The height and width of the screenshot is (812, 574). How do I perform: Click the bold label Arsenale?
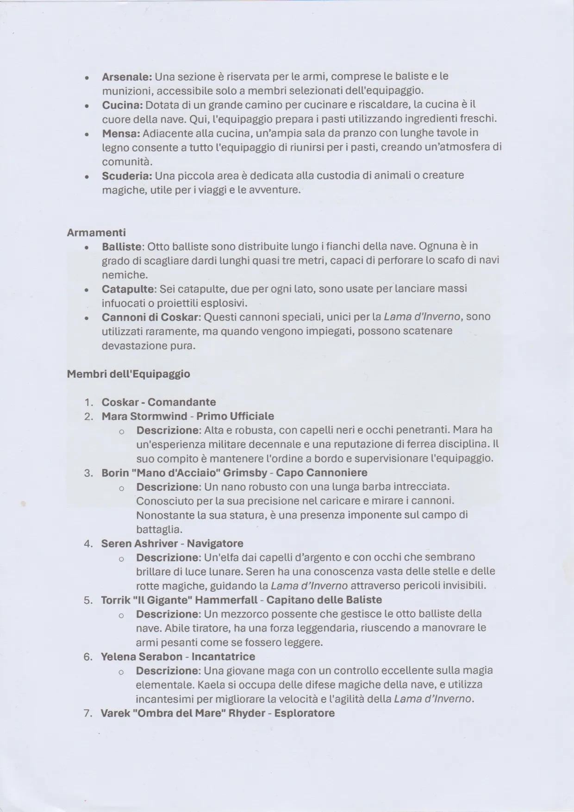click(x=126, y=76)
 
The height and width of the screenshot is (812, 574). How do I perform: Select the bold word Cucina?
click(x=122, y=105)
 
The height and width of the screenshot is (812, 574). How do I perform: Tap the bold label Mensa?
click(x=121, y=133)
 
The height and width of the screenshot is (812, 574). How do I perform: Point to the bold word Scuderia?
click(x=127, y=176)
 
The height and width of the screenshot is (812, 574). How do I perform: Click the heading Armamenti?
click(x=96, y=232)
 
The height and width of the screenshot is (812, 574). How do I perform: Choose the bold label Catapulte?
click(x=128, y=289)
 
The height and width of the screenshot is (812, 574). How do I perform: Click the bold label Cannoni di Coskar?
click(x=150, y=317)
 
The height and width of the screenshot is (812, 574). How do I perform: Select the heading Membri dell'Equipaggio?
click(x=128, y=374)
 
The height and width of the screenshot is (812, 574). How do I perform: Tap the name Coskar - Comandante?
click(x=159, y=402)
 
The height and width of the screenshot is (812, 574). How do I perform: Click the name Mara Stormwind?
click(x=144, y=416)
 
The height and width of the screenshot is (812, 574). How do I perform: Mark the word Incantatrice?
click(x=223, y=656)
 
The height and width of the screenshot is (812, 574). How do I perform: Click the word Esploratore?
click(x=304, y=713)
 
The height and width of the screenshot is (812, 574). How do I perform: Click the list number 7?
click(x=88, y=713)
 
